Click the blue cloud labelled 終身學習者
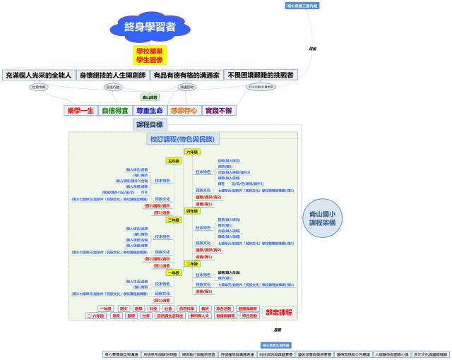tap(150, 28)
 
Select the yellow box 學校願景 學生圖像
tap(150, 55)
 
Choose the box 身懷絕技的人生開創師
tap(112, 75)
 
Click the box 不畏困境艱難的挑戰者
tap(261, 75)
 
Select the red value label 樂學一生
tap(80, 111)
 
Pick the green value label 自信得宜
tap(114, 111)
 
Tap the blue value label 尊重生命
tap(150, 111)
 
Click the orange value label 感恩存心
tap(184, 111)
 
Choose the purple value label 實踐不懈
tap(218, 111)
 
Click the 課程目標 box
tap(150, 125)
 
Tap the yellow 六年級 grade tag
tap(192, 152)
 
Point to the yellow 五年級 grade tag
tap(173, 161)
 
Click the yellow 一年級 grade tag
tap(173, 272)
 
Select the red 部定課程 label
tap(278, 312)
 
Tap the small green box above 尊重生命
tap(150, 97)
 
